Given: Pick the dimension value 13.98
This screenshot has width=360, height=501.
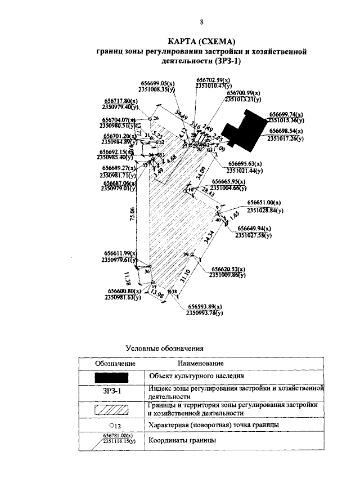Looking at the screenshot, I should (x=157, y=294).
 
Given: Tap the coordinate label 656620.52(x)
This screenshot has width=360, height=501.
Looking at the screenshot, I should (x=229, y=269).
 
